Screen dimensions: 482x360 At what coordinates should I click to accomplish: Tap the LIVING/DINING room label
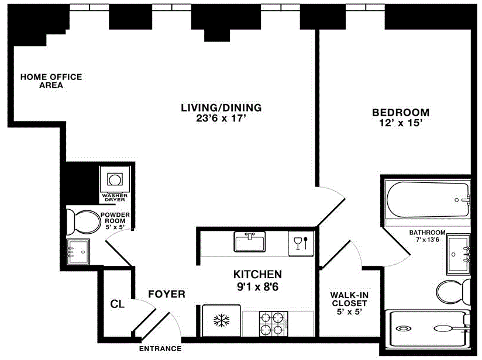pyautogui.click(x=221, y=108)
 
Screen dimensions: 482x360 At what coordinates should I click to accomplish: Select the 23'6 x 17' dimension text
pyautogui.click(x=221, y=119)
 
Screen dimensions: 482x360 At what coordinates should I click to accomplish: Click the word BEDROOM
pyautogui.click(x=401, y=112)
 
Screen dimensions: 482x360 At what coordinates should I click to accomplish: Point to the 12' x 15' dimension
pyautogui.click(x=401, y=123)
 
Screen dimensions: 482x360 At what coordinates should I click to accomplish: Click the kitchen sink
pyautogui.click(x=250, y=241)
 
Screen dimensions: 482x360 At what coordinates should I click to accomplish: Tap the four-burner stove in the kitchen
pyautogui.click(x=272, y=323)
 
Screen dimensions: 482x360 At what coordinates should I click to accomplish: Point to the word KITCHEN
pyautogui.click(x=257, y=274)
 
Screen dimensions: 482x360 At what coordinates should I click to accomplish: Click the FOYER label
pyautogui.click(x=166, y=294)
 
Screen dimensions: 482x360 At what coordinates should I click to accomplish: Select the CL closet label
pyautogui.click(x=117, y=304)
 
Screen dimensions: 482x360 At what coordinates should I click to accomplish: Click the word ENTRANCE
pyautogui.click(x=160, y=349)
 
